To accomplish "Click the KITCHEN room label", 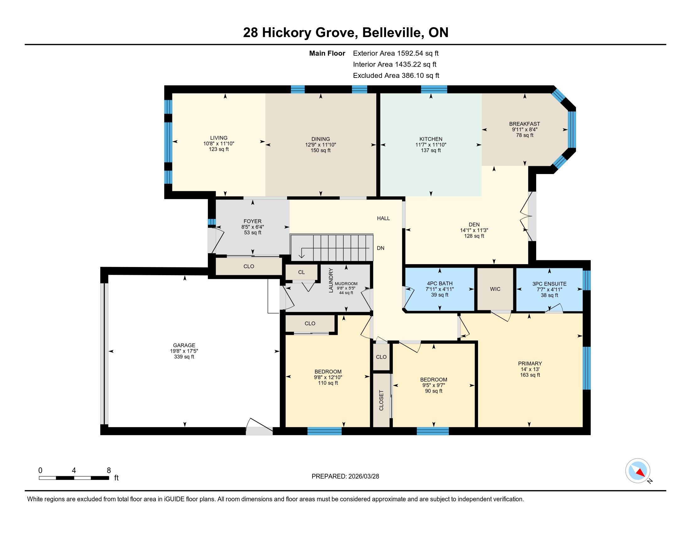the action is tap(431, 139).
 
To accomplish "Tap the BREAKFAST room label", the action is tap(524, 124).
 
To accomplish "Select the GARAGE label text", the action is tap(184, 346).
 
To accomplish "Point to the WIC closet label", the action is tap(495, 289).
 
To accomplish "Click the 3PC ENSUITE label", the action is tap(549, 284).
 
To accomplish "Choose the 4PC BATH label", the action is tap(439, 284).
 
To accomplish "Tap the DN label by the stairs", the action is tap(381, 248).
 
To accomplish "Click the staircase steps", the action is tap(331, 248).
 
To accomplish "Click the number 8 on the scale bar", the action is tap(109, 471).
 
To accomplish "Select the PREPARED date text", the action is tap(345, 477).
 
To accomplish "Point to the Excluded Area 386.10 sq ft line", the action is tap(396, 76).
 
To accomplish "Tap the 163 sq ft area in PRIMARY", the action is tap(530, 375).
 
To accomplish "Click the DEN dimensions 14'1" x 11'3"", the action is tap(474, 231).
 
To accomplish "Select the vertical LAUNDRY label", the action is tap(331, 280).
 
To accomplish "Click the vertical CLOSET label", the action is tap(381, 401).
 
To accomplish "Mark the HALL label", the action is tap(383, 218).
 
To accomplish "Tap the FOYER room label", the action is tap(253, 221).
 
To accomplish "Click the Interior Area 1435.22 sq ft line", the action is tap(394, 64).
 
